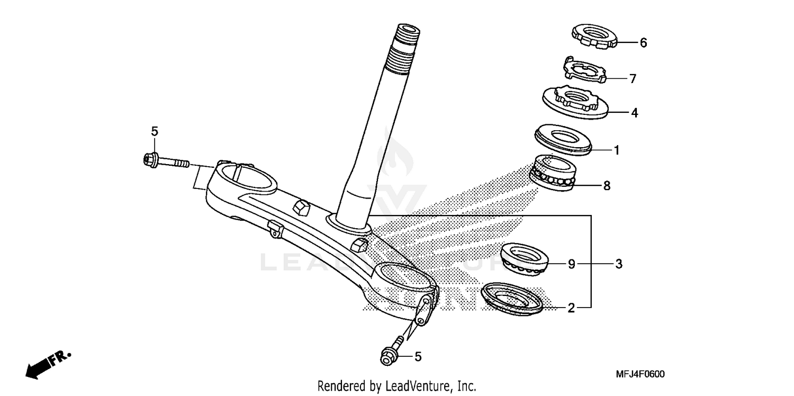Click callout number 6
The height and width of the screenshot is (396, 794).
pyautogui.click(x=643, y=43)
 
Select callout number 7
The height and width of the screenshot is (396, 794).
pyautogui.click(x=632, y=79)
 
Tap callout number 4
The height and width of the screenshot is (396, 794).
pyautogui.click(x=634, y=113)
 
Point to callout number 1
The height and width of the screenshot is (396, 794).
pyautogui.click(x=616, y=150)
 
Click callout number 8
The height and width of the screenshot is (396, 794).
pyautogui.click(x=607, y=186)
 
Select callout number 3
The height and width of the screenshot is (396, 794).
pyautogui.click(x=618, y=264)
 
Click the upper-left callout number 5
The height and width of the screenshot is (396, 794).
pyautogui.click(x=155, y=131)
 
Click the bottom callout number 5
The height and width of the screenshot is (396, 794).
pyautogui.click(x=418, y=357)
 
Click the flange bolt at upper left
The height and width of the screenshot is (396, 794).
pyautogui.click(x=165, y=160)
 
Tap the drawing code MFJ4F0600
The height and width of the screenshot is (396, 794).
pyautogui.click(x=640, y=374)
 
